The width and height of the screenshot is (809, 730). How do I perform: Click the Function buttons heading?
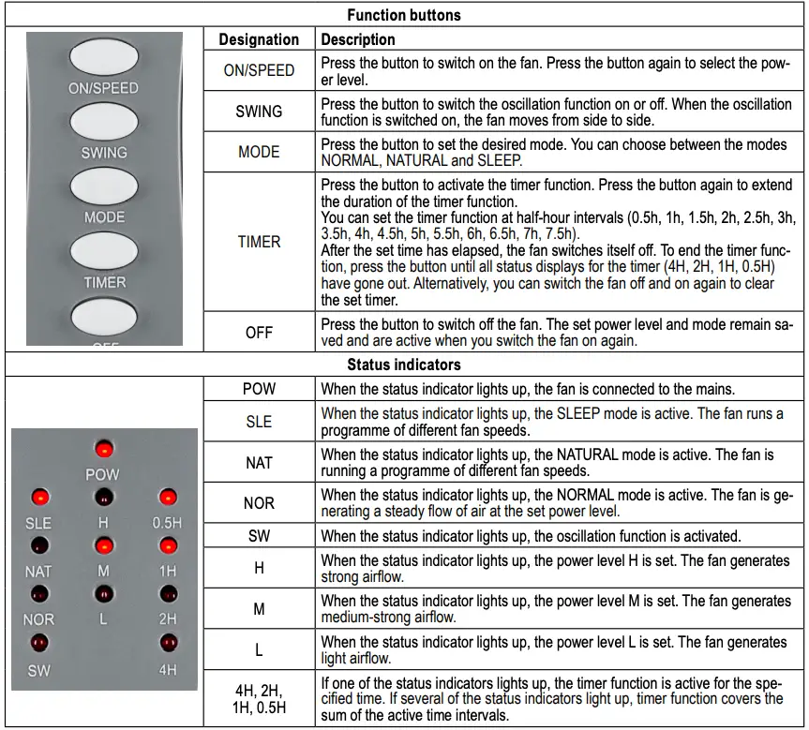click(x=404, y=15)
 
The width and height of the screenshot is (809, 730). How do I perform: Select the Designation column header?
click(x=259, y=39)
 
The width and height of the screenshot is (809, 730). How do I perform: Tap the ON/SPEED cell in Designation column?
click(x=259, y=70)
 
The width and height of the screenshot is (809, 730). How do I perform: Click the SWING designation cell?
click(x=259, y=112)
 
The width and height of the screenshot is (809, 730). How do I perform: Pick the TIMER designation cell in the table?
click(x=259, y=241)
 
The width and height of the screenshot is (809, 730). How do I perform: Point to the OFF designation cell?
click(x=259, y=333)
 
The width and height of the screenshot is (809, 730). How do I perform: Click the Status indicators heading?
click(x=404, y=365)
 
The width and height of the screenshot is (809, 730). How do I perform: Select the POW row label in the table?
click(x=259, y=388)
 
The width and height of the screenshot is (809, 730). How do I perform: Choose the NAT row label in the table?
click(x=259, y=463)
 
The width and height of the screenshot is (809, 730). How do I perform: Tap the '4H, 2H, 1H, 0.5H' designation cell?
click(x=259, y=698)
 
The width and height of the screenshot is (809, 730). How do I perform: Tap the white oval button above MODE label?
click(x=103, y=186)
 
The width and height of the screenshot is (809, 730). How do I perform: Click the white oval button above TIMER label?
click(x=103, y=251)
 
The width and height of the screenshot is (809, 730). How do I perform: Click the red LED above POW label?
click(x=102, y=449)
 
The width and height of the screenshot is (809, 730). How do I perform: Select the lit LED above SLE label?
click(x=39, y=498)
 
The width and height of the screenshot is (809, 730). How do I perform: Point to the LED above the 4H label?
click(x=168, y=643)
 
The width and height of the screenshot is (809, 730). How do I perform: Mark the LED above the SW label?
click(x=39, y=643)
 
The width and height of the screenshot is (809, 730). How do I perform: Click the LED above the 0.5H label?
click(x=168, y=498)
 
